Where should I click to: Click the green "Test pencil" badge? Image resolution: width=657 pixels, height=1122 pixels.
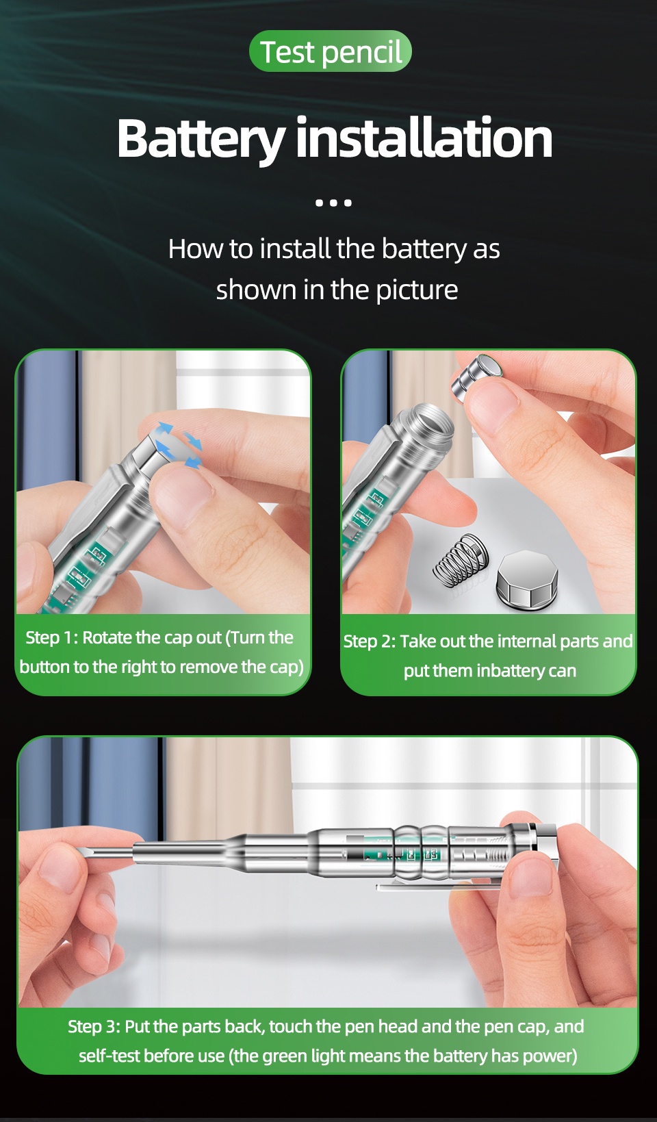click(331, 51)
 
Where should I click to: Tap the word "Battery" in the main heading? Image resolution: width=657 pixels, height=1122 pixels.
click(201, 139)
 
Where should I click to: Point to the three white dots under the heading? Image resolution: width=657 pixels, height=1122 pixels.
click(333, 203)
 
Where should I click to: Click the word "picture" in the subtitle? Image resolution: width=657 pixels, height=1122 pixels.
click(417, 290)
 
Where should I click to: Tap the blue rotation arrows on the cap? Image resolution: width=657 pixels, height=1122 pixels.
click(178, 445)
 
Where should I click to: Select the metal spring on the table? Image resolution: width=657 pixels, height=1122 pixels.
click(460, 560)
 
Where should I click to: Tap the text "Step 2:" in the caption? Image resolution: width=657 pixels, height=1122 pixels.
click(369, 641)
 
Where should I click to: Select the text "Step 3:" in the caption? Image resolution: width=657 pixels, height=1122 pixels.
click(94, 1026)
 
